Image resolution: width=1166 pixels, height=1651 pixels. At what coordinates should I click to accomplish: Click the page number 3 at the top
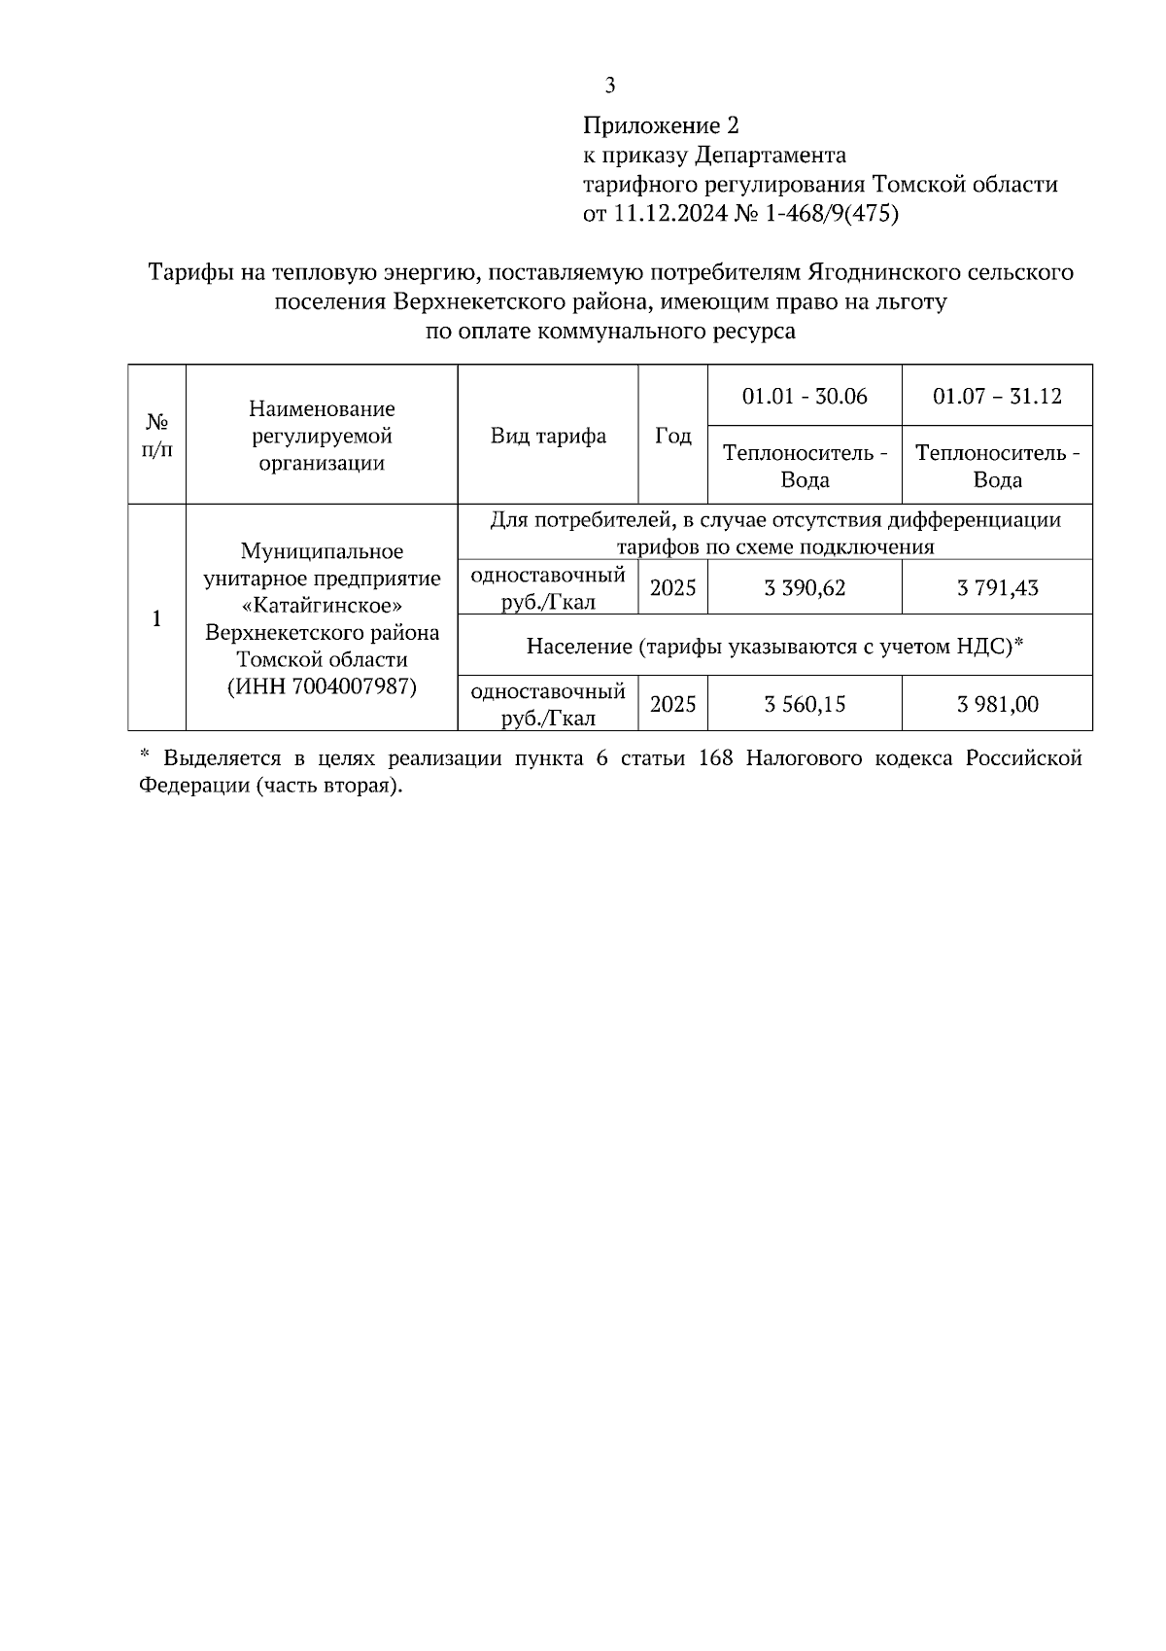click(610, 86)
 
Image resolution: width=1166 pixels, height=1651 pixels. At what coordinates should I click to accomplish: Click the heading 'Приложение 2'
click(661, 125)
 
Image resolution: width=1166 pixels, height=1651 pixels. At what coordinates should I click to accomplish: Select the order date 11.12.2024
click(669, 213)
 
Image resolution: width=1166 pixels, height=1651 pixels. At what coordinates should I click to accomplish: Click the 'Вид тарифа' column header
click(548, 436)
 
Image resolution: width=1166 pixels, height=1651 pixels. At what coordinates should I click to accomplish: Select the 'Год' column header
click(672, 436)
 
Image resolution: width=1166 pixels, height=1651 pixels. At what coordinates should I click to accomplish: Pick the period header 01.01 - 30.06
click(805, 396)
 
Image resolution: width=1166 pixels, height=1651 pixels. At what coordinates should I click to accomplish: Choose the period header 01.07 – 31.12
click(997, 396)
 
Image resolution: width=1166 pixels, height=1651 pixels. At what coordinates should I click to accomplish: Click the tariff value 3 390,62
click(805, 587)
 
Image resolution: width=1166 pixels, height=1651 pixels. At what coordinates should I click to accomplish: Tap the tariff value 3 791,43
click(997, 587)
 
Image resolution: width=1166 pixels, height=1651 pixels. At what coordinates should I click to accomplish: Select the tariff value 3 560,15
click(805, 704)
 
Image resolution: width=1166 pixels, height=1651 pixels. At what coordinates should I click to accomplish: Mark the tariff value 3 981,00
click(997, 704)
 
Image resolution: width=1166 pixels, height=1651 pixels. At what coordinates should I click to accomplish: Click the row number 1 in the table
click(156, 618)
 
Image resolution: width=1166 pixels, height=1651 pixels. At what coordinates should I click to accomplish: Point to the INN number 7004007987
click(353, 686)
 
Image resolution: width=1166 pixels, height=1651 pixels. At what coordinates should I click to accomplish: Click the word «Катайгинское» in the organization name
click(322, 605)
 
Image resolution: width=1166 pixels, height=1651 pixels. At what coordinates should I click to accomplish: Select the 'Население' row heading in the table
click(579, 645)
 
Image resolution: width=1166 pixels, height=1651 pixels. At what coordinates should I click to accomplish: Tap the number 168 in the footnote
click(716, 758)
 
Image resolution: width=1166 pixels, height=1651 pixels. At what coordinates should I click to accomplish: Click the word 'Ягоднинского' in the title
click(893, 272)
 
